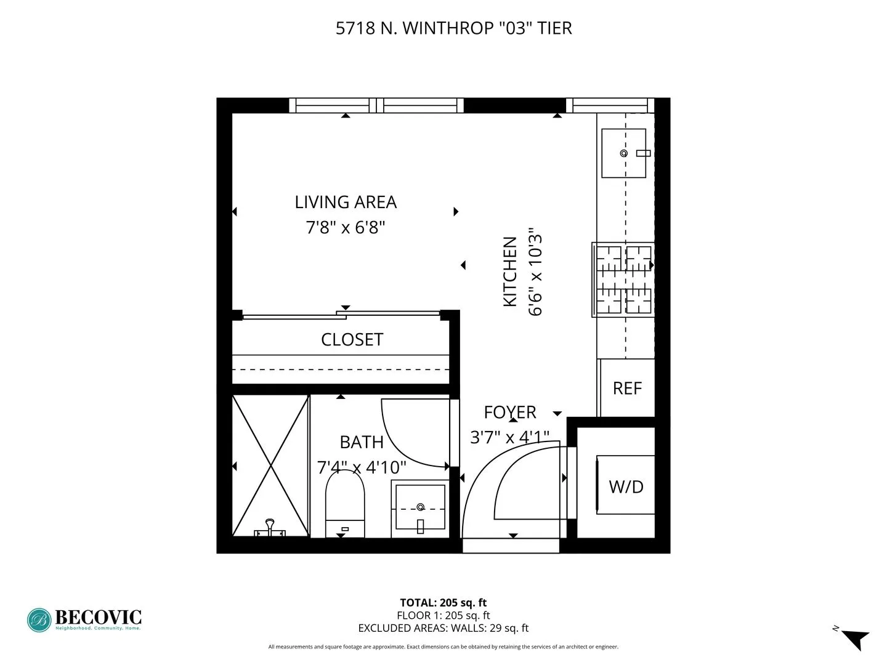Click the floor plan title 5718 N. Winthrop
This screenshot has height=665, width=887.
tap(453, 28)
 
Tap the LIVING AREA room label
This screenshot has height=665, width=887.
tap(346, 202)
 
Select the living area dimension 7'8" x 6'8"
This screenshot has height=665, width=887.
tap(346, 228)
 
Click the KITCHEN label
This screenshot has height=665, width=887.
tap(510, 272)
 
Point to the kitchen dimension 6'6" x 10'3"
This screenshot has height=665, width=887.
tap(535, 272)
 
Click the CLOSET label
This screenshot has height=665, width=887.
tap(352, 339)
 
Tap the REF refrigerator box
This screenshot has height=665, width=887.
tap(627, 388)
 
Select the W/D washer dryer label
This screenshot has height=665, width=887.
tap(626, 486)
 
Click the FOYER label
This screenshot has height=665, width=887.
tap(510, 412)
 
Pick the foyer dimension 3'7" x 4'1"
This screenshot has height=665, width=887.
tap(509, 437)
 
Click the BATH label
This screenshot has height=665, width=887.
tap(362, 442)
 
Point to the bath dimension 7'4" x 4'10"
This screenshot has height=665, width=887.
tap(362, 467)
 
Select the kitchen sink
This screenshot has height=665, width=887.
tap(623, 153)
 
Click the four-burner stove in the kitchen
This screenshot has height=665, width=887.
tap(623, 280)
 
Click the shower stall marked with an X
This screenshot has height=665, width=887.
tap(270, 465)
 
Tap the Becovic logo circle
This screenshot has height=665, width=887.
tap(39, 620)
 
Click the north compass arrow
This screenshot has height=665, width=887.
tap(855, 639)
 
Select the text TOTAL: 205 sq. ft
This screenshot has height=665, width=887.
tap(443, 603)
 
